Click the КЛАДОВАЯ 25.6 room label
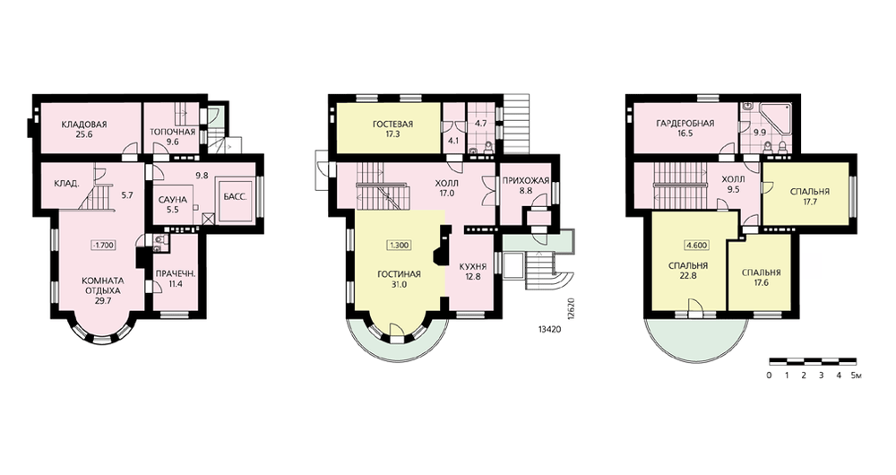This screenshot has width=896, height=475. [x=84, y=129]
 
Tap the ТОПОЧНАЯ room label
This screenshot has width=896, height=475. [x=173, y=132]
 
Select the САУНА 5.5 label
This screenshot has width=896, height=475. [x=172, y=204]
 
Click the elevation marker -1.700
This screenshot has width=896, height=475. [x=104, y=246]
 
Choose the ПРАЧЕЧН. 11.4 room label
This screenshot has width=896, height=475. [x=176, y=278]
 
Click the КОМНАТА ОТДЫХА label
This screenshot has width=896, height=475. [x=103, y=285]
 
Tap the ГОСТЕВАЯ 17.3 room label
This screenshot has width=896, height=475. [x=392, y=129]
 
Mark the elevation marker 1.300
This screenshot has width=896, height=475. [x=399, y=246]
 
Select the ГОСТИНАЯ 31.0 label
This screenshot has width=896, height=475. [x=399, y=280]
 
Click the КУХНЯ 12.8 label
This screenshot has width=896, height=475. [x=472, y=272]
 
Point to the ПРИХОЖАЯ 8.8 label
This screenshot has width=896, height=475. [x=526, y=186]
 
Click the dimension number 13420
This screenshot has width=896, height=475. [x=549, y=329]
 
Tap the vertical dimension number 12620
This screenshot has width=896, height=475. [x=570, y=309]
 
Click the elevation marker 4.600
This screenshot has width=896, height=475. [x=696, y=246]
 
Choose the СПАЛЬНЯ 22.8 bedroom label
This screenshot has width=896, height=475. [x=688, y=271]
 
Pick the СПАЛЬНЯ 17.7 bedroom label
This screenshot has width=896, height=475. [x=810, y=196]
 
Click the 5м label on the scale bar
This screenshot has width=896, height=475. [x=856, y=376]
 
